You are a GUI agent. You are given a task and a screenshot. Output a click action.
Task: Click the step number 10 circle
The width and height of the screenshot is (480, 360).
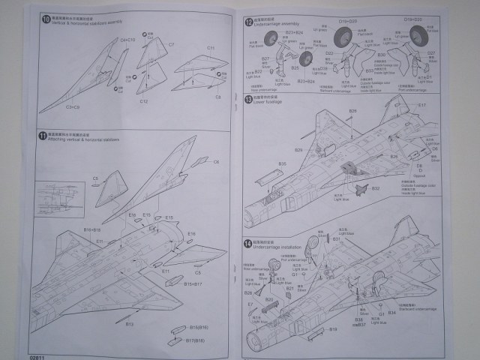point(46,19)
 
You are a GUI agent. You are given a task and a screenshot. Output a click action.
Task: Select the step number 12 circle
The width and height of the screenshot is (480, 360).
point(248,23)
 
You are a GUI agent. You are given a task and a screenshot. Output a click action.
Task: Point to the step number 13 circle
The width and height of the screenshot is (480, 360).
point(248,98)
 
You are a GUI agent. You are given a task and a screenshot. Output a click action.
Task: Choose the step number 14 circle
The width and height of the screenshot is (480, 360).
point(248,244)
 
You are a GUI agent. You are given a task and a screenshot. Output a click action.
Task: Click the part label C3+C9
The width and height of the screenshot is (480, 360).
point(73,108)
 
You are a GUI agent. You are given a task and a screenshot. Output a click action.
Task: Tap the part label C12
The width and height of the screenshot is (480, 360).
point(143,100)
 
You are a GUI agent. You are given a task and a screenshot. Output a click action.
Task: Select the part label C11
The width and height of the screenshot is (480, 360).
point(211,49)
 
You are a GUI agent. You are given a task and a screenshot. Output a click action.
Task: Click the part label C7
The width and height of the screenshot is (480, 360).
point(171,45)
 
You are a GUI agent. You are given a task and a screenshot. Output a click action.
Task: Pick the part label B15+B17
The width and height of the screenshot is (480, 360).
point(190,285)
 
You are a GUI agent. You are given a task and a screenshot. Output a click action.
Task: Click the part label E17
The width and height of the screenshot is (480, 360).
point(421,106)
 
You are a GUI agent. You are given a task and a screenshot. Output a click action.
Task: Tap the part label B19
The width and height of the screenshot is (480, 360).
point(334,328)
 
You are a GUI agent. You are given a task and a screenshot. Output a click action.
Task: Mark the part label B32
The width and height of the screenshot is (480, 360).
point(375,188)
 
